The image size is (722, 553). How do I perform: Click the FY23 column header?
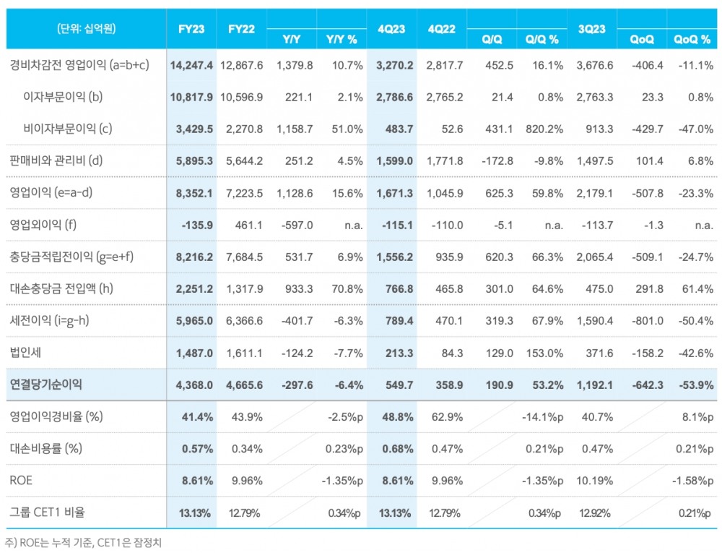tap(192, 29)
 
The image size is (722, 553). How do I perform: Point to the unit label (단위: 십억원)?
tap(86, 29)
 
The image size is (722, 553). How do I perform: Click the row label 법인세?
tap(25, 353)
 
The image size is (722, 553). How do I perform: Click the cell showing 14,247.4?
tap(192, 65)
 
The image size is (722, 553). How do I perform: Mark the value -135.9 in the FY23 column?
tap(198, 225)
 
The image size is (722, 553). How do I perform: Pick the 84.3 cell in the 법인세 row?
tap(451, 353)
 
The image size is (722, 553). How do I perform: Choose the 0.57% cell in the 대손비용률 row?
tap(196, 448)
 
